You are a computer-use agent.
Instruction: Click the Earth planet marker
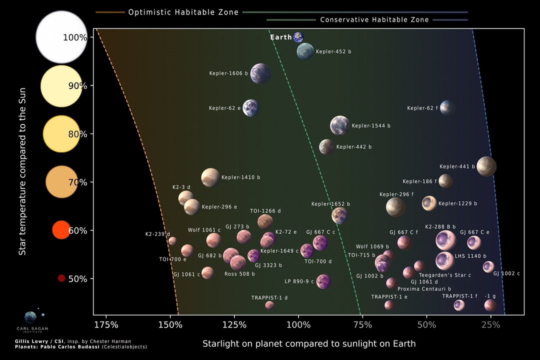pos(298,37)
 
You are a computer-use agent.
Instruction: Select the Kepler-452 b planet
pos(305,51)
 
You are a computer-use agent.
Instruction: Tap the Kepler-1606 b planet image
pos(260,73)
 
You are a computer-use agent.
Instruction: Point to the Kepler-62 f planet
pos(447,107)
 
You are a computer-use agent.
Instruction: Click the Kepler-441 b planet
pos(486,166)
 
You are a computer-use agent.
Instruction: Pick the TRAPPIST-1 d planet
pos(269,305)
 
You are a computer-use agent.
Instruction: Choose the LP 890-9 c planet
pos(323,281)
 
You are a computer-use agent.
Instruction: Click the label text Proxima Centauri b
pos(424,289)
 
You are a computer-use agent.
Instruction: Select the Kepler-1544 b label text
pos(371,125)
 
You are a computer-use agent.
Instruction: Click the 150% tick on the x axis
pos(170,325)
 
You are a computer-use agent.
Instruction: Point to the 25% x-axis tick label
pos(490,325)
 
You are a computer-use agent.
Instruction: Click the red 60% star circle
pos(61,229)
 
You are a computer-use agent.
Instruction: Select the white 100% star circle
pos(61,37)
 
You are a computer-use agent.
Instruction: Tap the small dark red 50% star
pos(61,278)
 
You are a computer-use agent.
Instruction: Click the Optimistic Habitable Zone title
pos(183,12)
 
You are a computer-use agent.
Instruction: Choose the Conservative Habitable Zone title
pos(374,20)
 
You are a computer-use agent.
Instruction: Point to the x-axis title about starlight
pos(309,344)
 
